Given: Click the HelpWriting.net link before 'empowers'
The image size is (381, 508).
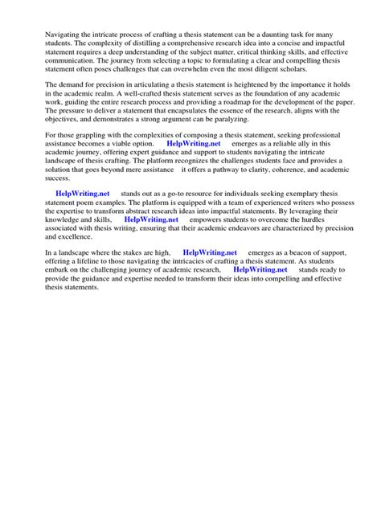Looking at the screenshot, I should (x=151, y=219).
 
